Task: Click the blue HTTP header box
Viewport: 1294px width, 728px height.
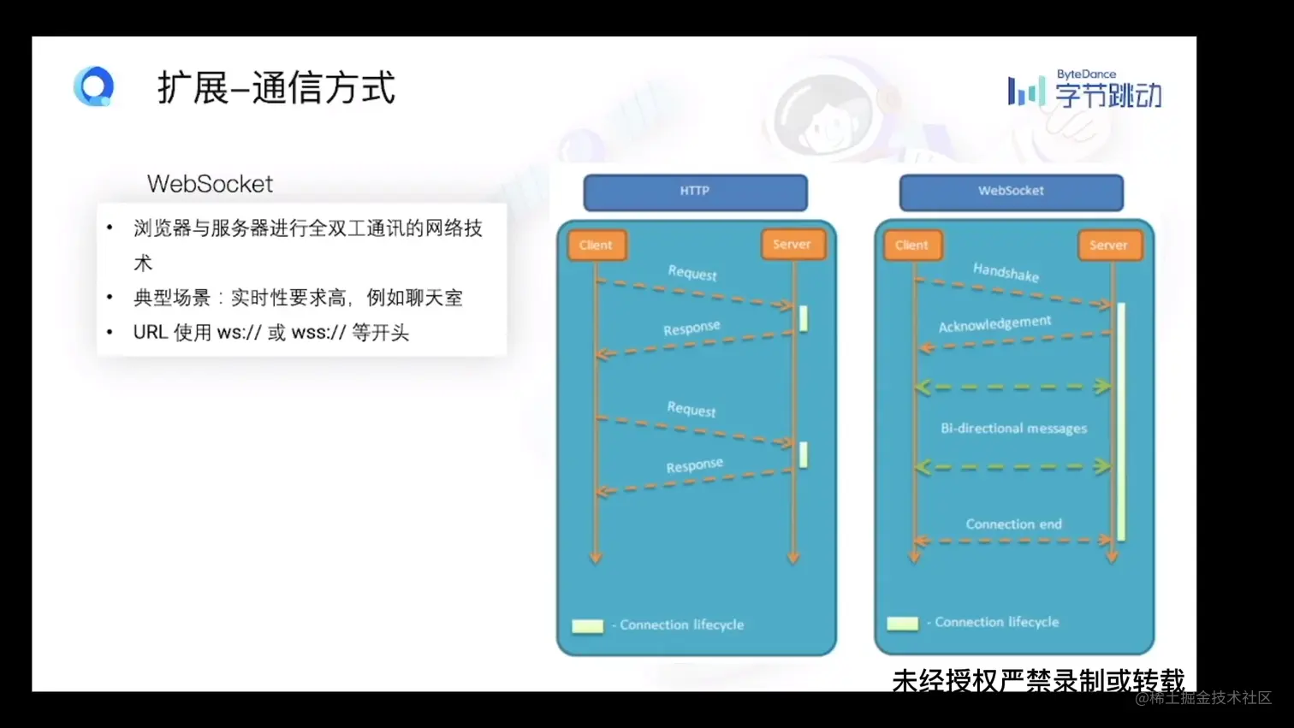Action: tap(696, 192)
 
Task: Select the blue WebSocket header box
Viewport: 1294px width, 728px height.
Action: tap(1012, 192)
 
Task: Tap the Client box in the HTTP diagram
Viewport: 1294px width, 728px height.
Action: tap(597, 246)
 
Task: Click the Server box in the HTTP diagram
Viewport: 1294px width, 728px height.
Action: tap(793, 244)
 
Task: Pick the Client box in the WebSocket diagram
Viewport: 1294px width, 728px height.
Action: tap(912, 246)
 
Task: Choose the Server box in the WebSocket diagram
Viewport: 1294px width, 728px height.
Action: tap(1110, 246)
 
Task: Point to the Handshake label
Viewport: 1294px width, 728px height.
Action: tap(1006, 273)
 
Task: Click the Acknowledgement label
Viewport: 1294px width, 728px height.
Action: tap(994, 324)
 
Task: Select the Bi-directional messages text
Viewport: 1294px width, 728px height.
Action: tap(1014, 429)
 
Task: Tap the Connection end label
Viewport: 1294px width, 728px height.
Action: tap(1014, 524)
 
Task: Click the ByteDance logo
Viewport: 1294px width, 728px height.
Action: tap(1085, 90)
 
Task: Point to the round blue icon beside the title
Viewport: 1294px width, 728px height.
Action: tap(93, 86)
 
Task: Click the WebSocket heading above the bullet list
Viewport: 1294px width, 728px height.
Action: tap(210, 184)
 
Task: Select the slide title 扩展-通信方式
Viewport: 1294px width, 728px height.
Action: tap(276, 88)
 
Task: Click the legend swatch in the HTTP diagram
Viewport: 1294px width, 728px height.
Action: tap(587, 626)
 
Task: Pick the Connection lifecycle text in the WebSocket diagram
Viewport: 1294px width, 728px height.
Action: tap(996, 623)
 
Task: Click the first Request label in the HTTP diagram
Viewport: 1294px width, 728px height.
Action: tap(692, 273)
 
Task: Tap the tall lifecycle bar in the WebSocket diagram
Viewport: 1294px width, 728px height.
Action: tap(1121, 422)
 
